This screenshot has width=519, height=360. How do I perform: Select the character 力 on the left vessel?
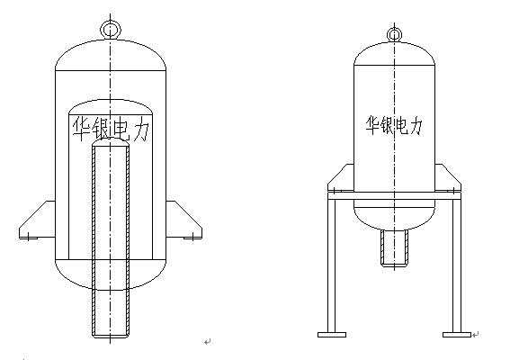pyautogui.click(x=141, y=130)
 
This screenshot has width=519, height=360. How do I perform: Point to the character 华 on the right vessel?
pyautogui.click(x=373, y=125)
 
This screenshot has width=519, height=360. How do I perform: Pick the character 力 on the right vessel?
pyautogui.click(x=416, y=125)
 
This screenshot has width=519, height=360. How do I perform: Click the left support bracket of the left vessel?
pyautogui.click(x=37, y=220)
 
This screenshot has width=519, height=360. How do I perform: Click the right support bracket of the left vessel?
pyautogui.click(x=183, y=220)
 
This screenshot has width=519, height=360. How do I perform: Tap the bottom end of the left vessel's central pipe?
pyautogui.click(x=111, y=336)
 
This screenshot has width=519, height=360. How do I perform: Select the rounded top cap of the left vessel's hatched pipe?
pyautogui.click(x=111, y=142)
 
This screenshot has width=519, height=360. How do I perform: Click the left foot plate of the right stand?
pyautogui.click(x=332, y=335)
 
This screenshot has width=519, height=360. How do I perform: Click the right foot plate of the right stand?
pyautogui.click(x=457, y=335)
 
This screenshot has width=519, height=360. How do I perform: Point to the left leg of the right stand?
pyautogui.click(x=332, y=265)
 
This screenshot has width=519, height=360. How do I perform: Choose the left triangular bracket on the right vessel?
pyautogui.click(x=341, y=179)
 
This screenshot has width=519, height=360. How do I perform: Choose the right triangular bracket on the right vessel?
pyautogui.click(x=448, y=179)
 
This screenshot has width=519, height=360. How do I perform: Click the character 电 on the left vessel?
pyautogui.click(x=121, y=130)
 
